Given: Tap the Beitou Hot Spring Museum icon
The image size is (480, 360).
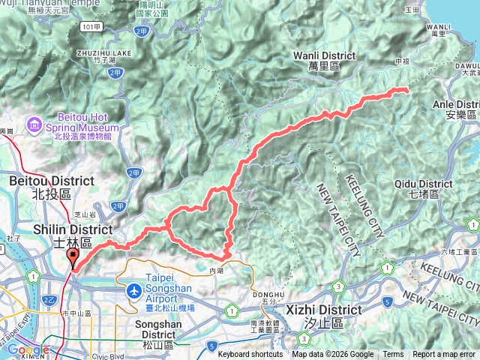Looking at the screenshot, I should pyautogui.click(x=34, y=122).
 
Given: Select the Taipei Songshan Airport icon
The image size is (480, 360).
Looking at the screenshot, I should pyautogui.click(x=134, y=289).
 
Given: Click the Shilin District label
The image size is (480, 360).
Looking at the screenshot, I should pyautogui.click(x=73, y=229).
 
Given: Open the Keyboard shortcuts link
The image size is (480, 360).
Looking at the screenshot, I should pyautogui.click(x=250, y=355).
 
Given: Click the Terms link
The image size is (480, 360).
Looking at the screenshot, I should pyautogui.click(x=393, y=355).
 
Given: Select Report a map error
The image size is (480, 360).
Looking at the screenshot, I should pyautogui.click(x=445, y=355).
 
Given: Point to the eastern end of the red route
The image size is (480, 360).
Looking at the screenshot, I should pyautogui.click(x=406, y=90).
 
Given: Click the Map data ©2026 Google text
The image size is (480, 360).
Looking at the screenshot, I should pyautogui.click(x=332, y=355).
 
